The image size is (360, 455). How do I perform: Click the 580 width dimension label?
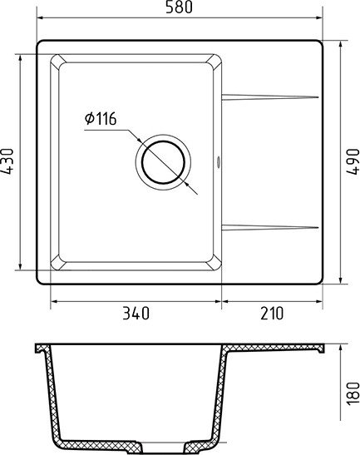click(x=179, y=7)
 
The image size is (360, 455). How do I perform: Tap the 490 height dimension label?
click(x=353, y=161)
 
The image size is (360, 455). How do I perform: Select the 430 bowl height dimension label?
click(x=7, y=161)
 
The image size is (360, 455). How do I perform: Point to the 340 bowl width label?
click(x=136, y=313)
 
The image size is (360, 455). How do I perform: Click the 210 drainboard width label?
click(x=272, y=313)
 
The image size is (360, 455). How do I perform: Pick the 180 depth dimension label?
click(x=353, y=393)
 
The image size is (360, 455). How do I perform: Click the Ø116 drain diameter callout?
click(x=101, y=119)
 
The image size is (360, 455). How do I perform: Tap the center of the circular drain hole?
click(x=163, y=162)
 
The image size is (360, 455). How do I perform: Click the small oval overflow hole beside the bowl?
click(x=218, y=162)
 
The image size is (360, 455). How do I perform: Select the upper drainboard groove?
click(x=270, y=97)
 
